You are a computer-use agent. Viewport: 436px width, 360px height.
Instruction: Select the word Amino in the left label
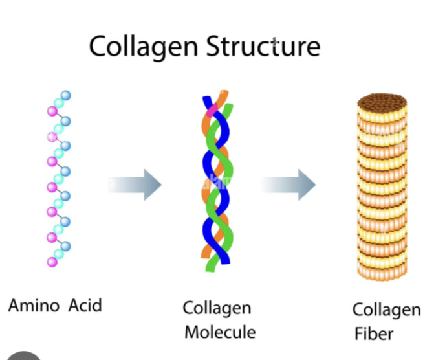click(34, 305)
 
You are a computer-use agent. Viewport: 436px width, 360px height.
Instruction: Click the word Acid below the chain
click(85, 305)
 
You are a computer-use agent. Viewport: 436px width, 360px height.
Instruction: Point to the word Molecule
click(220, 333)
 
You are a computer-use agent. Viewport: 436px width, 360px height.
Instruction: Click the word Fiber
click(373, 334)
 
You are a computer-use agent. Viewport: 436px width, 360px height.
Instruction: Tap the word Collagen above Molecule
click(217, 308)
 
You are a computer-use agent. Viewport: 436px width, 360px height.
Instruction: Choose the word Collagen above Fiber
click(386, 309)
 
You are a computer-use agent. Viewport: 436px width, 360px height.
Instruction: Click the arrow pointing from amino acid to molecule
click(136, 186)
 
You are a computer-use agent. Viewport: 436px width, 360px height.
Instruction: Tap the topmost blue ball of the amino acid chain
click(65, 96)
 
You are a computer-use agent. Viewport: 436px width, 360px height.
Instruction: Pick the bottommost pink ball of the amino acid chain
click(52, 262)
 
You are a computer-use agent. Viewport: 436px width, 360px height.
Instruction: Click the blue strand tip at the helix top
click(207, 101)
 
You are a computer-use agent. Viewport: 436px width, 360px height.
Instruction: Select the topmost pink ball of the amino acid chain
click(52, 111)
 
